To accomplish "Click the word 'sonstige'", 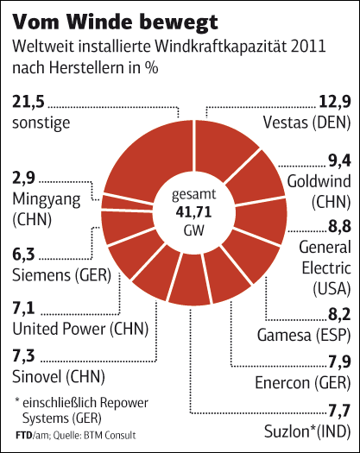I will point(41,123).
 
